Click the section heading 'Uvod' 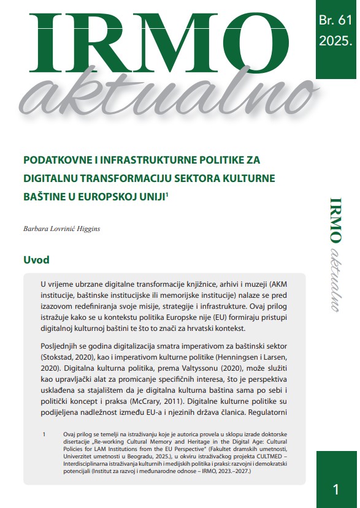36,260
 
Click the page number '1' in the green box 335,488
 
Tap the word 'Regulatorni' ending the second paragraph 270,415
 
